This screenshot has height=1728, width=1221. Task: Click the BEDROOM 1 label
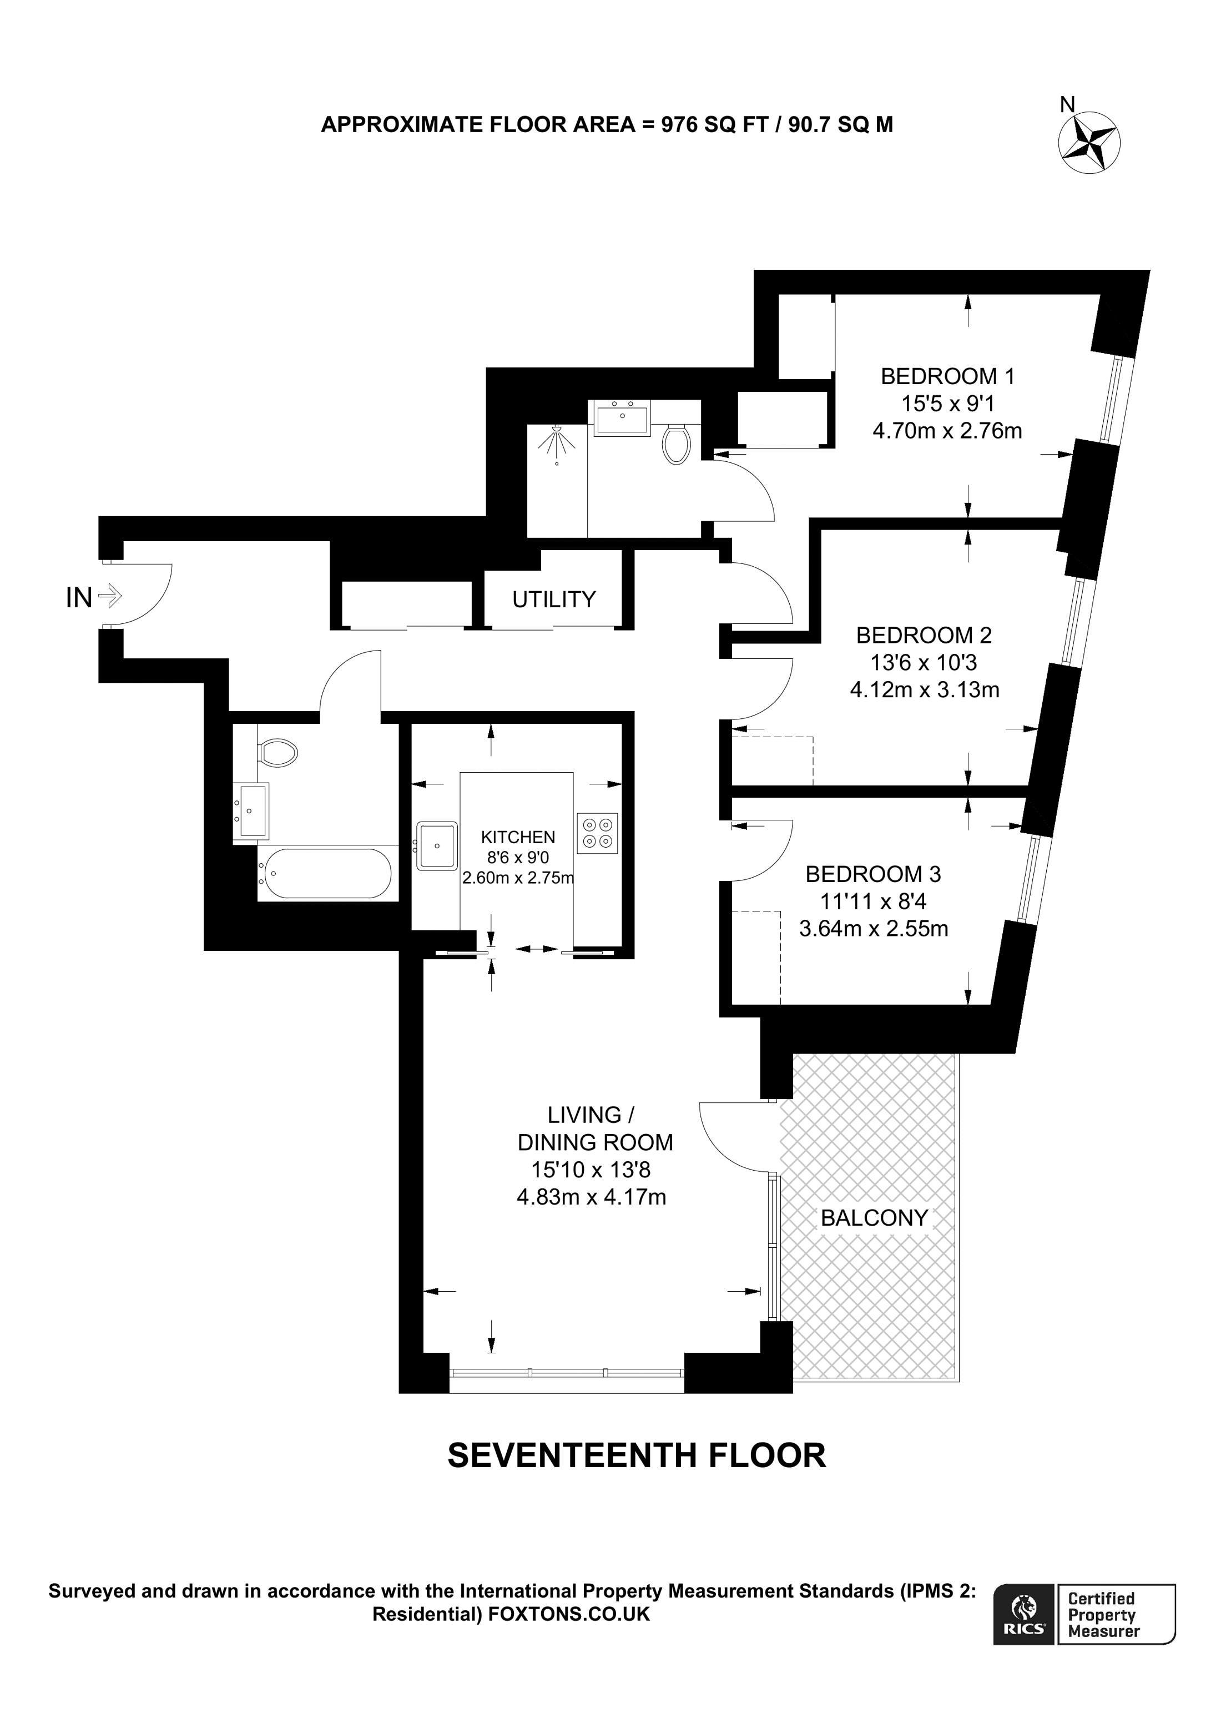[x=947, y=376]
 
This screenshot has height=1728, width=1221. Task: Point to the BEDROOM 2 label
[x=924, y=635]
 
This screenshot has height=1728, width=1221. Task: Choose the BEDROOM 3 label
[x=872, y=874]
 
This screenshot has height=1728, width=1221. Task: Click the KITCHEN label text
[x=518, y=837]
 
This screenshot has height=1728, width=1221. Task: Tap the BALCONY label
[x=874, y=1218]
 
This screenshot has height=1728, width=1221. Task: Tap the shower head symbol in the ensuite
[x=556, y=442]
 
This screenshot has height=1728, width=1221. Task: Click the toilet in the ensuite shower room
[x=677, y=444]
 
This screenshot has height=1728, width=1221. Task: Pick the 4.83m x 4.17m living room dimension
[x=591, y=1197]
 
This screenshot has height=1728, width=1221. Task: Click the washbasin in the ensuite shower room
[x=622, y=417]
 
